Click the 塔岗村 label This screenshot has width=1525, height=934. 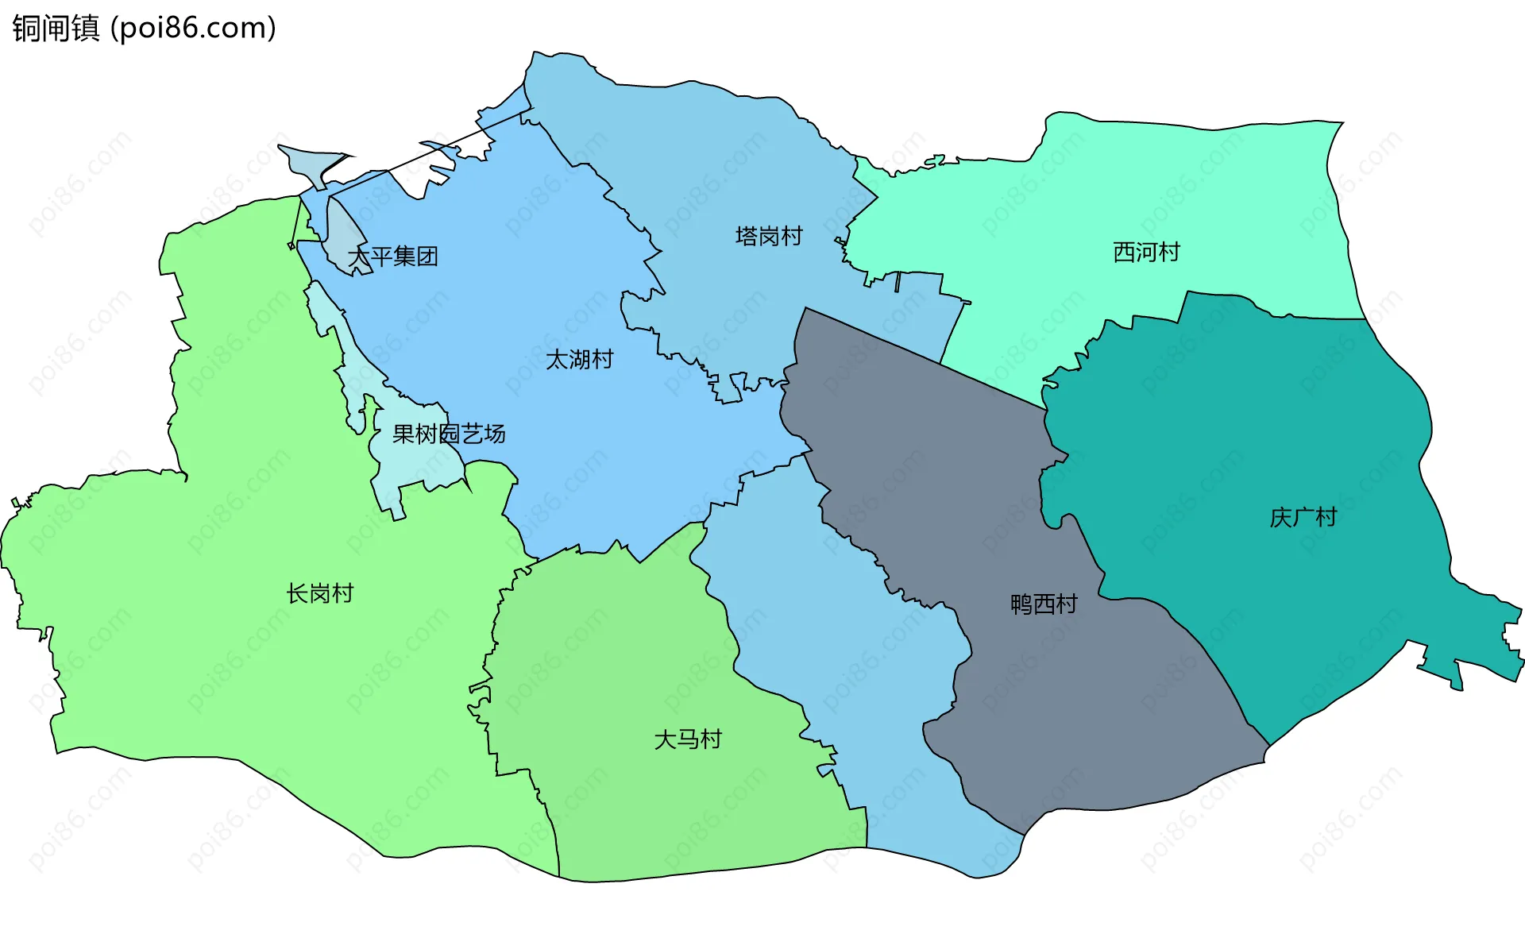[x=769, y=236]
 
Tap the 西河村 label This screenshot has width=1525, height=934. [x=1146, y=252]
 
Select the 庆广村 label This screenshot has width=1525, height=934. [x=1303, y=517]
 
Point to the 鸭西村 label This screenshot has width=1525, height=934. [x=1044, y=604]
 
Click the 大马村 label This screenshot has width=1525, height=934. [x=688, y=739]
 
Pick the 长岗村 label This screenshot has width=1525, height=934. [x=319, y=593]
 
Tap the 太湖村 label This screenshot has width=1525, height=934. [x=580, y=359]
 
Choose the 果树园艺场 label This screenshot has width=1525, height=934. [x=449, y=434]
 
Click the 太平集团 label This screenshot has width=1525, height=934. [x=393, y=257]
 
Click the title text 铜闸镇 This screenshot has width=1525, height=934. [x=56, y=28]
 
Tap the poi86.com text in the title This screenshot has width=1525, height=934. [x=193, y=28]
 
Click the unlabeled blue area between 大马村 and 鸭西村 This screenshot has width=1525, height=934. [x=858, y=675]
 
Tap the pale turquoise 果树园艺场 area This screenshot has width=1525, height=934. [x=413, y=461]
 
